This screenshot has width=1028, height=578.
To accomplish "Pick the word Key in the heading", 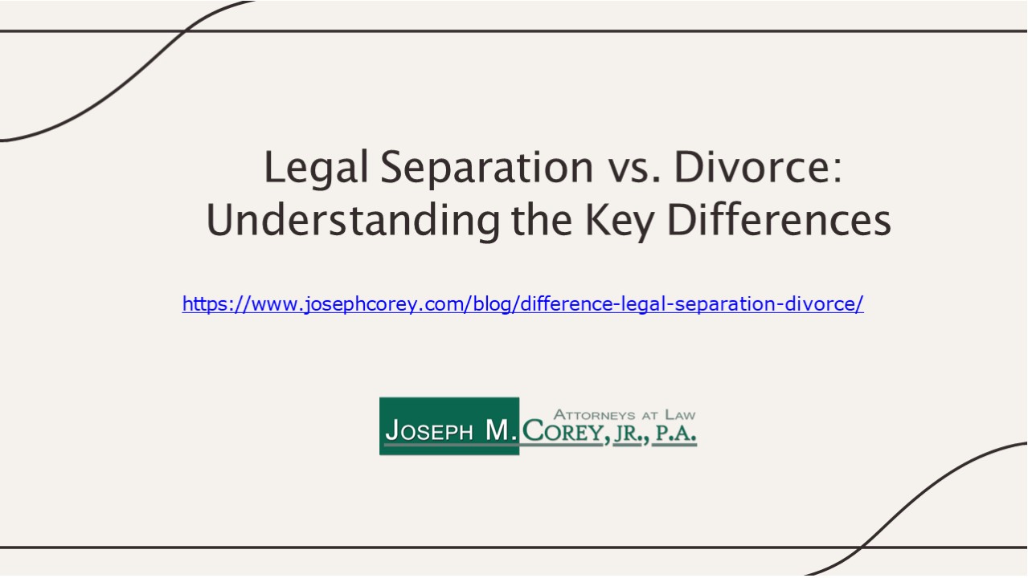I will (618, 221).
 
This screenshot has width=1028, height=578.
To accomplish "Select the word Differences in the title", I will (779, 221).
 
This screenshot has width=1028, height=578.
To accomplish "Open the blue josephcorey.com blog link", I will (522, 304).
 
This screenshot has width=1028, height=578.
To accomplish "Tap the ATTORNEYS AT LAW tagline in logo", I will (625, 415).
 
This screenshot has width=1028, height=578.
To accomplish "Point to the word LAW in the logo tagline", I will (679, 415).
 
